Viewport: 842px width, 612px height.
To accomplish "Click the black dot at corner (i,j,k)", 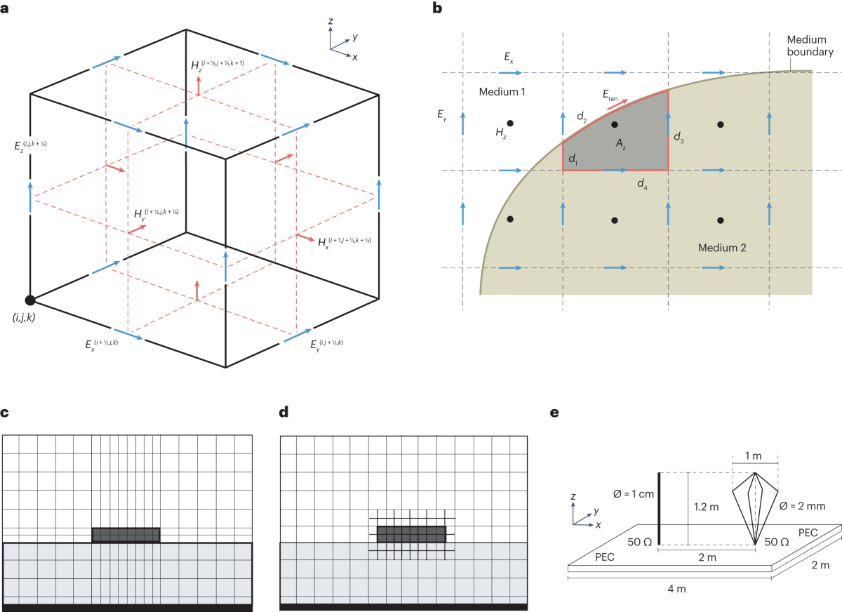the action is click(x=30, y=300).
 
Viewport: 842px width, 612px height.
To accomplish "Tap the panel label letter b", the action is click(x=437, y=8).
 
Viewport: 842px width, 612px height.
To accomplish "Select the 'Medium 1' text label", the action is click(x=502, y=92).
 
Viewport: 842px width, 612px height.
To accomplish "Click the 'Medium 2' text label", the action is click(x=722, y=248).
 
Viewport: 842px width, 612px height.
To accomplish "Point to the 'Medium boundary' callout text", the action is click(x=810, y=46).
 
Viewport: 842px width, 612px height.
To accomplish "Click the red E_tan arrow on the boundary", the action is click(x=617, y=105).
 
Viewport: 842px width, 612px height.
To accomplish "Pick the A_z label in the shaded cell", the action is click(x=620, y=144).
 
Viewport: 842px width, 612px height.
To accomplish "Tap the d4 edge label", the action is click(x=642, y=184).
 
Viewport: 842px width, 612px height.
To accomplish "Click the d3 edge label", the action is click(x=679, y=137).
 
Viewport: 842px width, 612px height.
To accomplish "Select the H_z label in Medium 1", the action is click(x=501, y=133).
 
